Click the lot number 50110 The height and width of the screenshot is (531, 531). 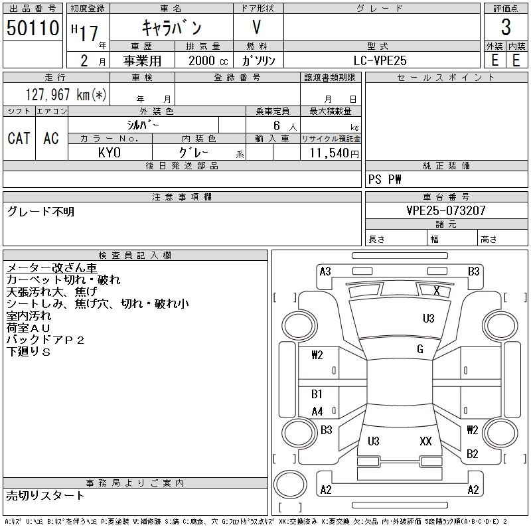click(31, 28)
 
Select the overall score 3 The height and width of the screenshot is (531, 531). click(506, 28)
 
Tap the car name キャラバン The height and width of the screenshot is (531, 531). click(172, 28)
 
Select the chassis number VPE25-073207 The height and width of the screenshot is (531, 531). click(446, 210)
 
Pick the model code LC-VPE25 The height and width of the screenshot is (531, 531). click(380, 60)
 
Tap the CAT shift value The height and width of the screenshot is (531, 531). click(19, 138)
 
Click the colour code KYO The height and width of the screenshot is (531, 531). click(110, 153)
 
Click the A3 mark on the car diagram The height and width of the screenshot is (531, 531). click(325, 271)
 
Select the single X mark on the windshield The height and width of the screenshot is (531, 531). click(436, 290)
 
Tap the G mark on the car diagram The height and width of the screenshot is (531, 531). click(420, 349)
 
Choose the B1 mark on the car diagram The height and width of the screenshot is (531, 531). click(317, 394)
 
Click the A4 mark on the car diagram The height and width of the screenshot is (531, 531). click(317, 412)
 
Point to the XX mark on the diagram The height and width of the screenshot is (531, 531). click(426, 441)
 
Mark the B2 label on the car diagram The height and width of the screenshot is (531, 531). click(473, 454)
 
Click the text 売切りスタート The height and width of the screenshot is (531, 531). click(46, 495)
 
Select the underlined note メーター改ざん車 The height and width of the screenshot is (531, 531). click(52, 268)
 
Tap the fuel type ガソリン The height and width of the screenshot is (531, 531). click(259, 60)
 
